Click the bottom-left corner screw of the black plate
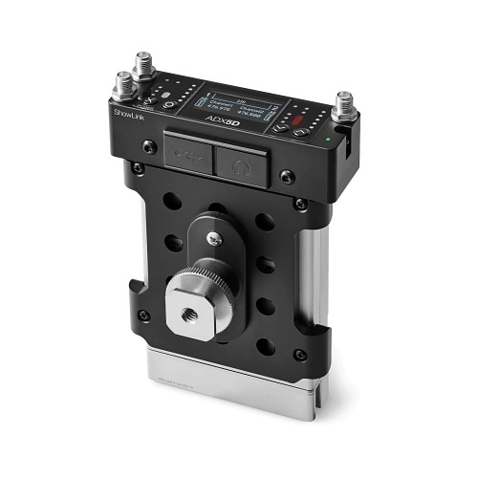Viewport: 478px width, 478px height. [143, 315]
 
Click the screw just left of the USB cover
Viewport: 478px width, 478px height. [149, 146]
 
